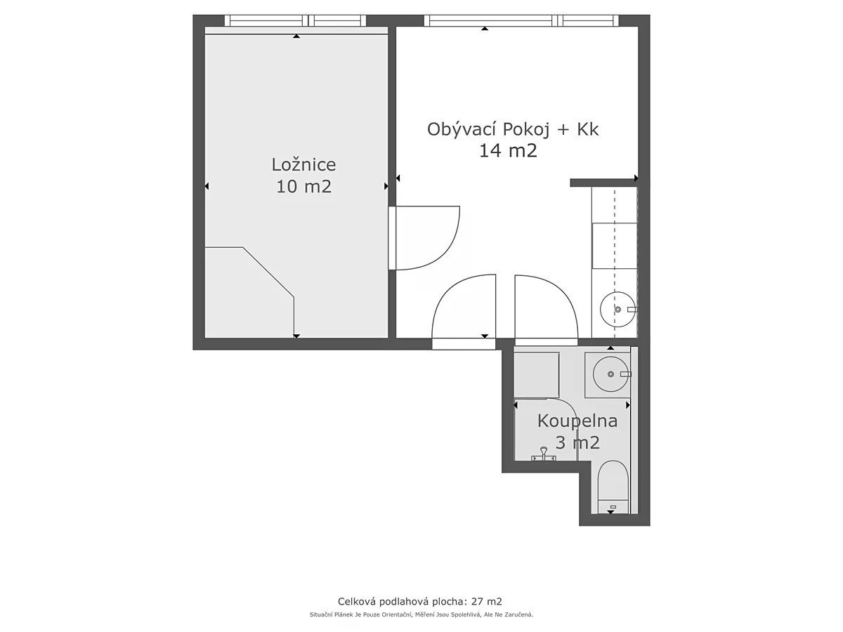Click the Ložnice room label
pos(303,165)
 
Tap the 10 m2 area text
pos(303,187)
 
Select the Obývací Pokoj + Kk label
pos(512,130)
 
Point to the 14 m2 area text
pos(508,150)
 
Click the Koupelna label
pos(577,421)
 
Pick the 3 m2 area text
pos(577,442)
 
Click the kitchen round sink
pos(617,309)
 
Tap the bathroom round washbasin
pos(610,374)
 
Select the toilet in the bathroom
pos(613,487)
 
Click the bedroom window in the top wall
pos(295,21)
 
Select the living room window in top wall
pos(521,21)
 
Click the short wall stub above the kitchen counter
pos(603,183)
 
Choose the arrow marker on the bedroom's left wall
pos(207,186)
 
